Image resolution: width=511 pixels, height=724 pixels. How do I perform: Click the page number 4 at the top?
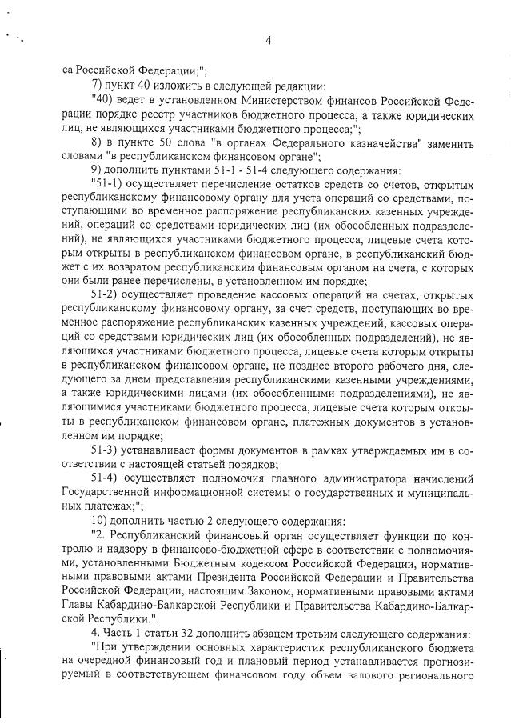[x=269, y=41]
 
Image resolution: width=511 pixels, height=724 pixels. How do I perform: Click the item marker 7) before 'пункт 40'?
[x=98, y=84]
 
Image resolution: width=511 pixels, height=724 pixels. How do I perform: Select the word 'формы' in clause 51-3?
[x=216, y=450]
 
